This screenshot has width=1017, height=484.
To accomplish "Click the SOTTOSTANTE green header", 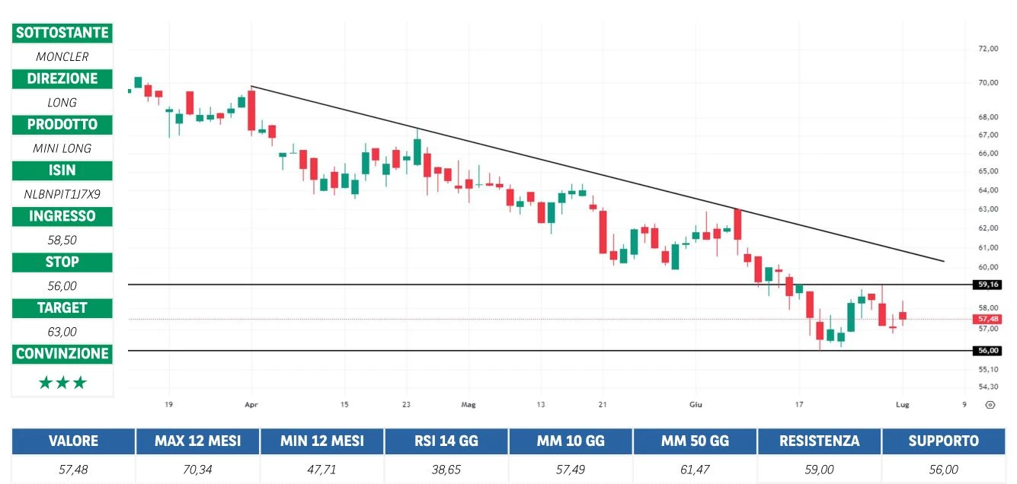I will [x=62, y=33].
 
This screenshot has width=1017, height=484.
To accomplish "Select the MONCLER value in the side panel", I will [x=62, y=56].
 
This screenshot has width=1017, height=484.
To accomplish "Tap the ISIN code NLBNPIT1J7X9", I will [x=62, y=194].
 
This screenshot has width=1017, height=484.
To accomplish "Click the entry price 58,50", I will [x=62, y=240].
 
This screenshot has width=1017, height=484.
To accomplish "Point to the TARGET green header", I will [x=62, y=307].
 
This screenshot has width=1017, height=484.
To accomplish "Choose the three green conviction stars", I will [x=62, y=383].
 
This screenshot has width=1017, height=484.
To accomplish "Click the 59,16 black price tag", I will [x=987, y=285].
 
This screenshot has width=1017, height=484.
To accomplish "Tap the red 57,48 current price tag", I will [x=987, y=319].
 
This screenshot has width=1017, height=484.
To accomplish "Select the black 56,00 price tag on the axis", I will [x=987, y=351].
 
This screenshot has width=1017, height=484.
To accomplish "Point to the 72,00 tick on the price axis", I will [x=987, y=49].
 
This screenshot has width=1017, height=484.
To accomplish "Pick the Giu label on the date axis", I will [x=694, y=404].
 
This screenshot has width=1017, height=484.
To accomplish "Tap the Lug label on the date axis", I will [x=903, y=404].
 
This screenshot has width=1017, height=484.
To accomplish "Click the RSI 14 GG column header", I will [x=446, y=441].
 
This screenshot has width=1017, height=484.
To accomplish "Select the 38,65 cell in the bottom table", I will [x=446, y=470].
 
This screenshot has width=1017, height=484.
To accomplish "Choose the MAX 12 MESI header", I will [x=197, y=441].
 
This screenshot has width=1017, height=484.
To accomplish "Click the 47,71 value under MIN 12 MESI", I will [x=321, y=470].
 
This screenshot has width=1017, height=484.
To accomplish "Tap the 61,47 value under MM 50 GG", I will [x=695, y=470].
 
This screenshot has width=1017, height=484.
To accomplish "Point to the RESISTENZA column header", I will [x=819, y=441].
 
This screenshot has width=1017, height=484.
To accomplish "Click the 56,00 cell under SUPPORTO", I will [x=943, y=470].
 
